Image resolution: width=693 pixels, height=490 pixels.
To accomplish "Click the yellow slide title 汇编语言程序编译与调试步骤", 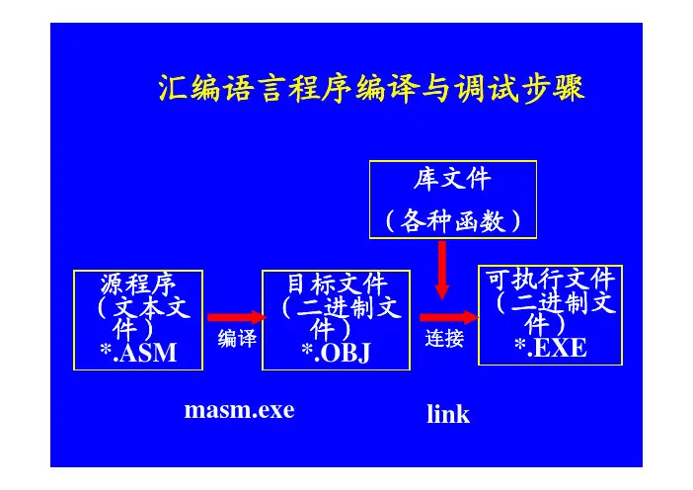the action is pyautogui.click(x=371, y=89).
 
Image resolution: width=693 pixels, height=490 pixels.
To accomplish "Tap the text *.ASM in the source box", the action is pyautogui.click(x=138, y=353).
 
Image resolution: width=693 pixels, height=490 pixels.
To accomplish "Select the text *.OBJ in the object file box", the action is pyautogui.click(x=336, y=353).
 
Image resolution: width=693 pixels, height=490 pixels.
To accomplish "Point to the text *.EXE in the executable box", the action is pyautogui.click(x=551, y=348).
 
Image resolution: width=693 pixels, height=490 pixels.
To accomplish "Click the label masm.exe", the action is pyautogui.click(x=239, y=410).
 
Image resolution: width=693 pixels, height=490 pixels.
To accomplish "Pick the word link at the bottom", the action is pyautogui.click(x=448, y=414).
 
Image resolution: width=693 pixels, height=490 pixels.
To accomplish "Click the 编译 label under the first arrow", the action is pyautogui.click(x=237, y=339).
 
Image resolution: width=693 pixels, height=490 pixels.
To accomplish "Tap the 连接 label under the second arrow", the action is pyautogui.click(x=444, y=339).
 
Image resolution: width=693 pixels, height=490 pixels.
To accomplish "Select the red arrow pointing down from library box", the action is pyautogui.click(x=442, y=270).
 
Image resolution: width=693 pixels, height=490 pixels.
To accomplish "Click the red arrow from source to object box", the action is pyautogui.click(x=237, y=317).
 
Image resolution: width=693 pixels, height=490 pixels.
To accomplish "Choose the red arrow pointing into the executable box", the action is pyautogui.click(x=449, y=317).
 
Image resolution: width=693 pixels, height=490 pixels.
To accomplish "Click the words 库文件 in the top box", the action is pyautogui.click(x=452, y=179).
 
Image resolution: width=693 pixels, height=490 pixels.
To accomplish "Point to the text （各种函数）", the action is pyautogui.click(x=453, y=220).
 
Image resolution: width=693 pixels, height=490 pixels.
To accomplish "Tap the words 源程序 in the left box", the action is pyautogui.click(x=138, y=284).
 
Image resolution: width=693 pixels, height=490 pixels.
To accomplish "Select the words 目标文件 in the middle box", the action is pyautogui.click(x=337, y=284).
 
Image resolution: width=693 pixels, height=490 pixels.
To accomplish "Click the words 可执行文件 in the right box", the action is pyautogui.click(x=550, y=280).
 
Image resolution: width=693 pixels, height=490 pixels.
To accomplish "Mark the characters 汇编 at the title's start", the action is pyautogui.click(x=190, y=89).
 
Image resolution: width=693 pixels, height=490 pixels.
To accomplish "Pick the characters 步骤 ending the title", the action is pyautogui.click(x=554, y=89).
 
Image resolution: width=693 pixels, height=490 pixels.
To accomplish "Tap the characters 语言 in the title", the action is pyautogui.click(x=255, y=89).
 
